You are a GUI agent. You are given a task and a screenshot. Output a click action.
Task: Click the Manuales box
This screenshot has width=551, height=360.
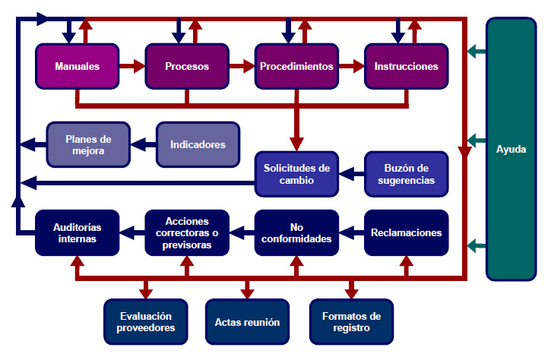pos(78,66)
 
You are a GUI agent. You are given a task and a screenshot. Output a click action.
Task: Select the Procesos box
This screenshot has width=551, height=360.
pos(187,66)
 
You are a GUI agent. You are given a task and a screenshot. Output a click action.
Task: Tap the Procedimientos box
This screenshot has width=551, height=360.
pos(296,66)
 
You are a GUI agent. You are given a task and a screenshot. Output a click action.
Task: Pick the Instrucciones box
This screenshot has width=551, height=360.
pos(406,66)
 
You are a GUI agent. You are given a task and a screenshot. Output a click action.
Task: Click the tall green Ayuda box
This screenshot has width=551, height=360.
pos(511,149)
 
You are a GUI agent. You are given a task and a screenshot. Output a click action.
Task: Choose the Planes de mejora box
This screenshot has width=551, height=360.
pos(88,144)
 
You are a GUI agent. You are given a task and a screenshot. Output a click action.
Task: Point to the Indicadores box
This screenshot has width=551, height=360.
pos(198,144)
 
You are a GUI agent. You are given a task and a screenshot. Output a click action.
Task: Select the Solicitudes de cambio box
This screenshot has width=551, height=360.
pos(296,174)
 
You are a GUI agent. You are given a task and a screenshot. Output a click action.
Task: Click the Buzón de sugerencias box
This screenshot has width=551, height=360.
pos(406,174)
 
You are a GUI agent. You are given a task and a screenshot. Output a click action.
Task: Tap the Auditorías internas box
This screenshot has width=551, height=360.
pos(78,232)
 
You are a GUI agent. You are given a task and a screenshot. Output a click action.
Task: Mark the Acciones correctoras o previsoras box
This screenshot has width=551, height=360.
pos(187,232)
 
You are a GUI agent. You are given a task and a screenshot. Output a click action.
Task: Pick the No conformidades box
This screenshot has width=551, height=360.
pos(296,232)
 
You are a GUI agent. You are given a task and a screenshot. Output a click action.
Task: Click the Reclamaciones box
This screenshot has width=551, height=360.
pos(406,232)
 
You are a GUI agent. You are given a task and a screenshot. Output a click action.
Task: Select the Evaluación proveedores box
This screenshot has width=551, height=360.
pos(145,322)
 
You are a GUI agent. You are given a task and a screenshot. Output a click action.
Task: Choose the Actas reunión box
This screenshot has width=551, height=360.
pos(248,322)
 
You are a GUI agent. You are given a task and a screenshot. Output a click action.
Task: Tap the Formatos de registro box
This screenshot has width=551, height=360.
pos(351,322)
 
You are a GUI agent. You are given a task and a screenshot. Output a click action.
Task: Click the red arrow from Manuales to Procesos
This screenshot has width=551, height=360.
pos(132,66)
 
